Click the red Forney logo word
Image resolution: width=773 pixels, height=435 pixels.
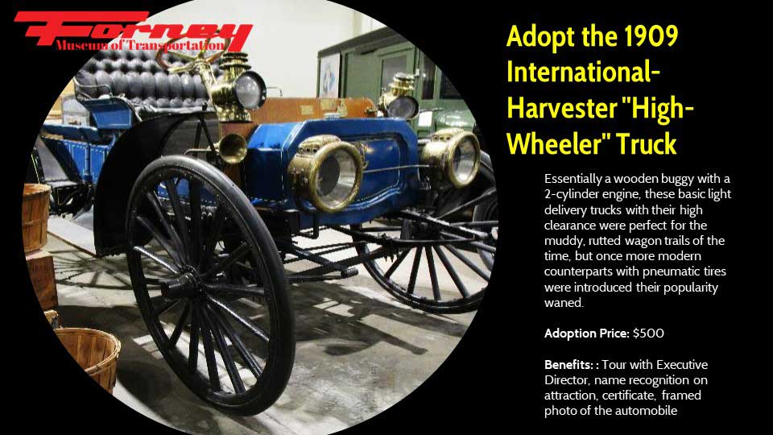pos(133,31)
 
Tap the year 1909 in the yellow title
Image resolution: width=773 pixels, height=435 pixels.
pos(651,36)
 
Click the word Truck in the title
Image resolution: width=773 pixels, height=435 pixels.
pos(647,144)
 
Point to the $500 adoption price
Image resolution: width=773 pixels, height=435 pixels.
pos(648,333)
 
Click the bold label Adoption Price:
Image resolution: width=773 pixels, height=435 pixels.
pos(587,333)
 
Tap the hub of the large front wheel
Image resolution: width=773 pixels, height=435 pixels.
pos(184,285)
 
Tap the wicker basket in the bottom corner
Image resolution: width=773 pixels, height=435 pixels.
pos(89,358)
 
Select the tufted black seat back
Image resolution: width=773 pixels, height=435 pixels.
pos(143,79)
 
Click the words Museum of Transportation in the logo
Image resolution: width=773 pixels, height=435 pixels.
pos(140,45)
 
